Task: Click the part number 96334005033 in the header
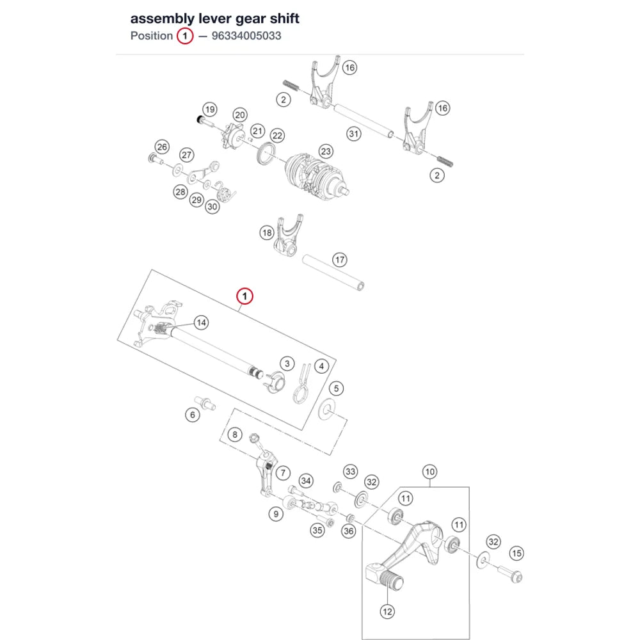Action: [x=246, y=36]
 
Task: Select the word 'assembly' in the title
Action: [x=163, y=19]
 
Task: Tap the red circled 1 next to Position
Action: [x=185, y=36]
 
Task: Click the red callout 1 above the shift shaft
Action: [x=245, y=296]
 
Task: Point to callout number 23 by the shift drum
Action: [x=325, y=152]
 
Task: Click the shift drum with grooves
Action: [x=316, y=179]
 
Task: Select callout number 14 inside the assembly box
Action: [x=201, y=323]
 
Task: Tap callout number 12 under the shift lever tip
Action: [x=387, y=611]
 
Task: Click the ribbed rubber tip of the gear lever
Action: [x=391, y=580]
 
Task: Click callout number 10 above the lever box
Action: [x=430, y=472]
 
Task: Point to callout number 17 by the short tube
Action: [x=340, y=260]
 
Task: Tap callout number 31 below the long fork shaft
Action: [x=354, y=134]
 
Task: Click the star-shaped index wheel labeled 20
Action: [x=234, y=136]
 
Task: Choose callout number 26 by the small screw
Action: [x=162, y=147]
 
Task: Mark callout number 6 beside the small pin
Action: [x=193, y=415]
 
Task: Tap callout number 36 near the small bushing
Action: [x=349, y=531]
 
